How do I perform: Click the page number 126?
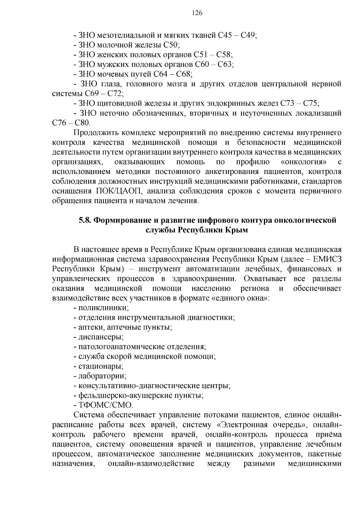point(197,13)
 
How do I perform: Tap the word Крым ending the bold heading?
point(238,230)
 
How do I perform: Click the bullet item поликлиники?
point(103,308)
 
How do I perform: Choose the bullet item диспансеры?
point(100,337)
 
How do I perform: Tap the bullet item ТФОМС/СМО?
point(105,405)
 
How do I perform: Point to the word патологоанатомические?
point(121,347)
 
